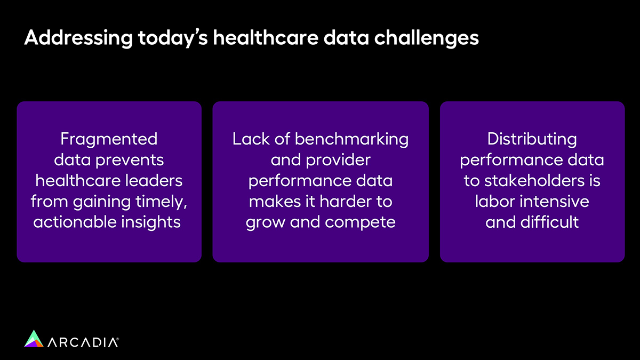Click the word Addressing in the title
point(78,38)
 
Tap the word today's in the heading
point(173,38)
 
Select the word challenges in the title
point(426,38)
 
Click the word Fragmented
point(109,140)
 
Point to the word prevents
point(130,161)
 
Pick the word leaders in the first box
point(154,181)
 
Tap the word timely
point(162,202)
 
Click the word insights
point(151,222)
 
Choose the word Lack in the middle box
point(251,139)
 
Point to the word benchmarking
point(351,140)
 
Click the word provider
point(338,161)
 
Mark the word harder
point(346,202)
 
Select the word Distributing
point(532,140)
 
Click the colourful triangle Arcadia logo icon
point(34,339)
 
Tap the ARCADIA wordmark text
point(83,342)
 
